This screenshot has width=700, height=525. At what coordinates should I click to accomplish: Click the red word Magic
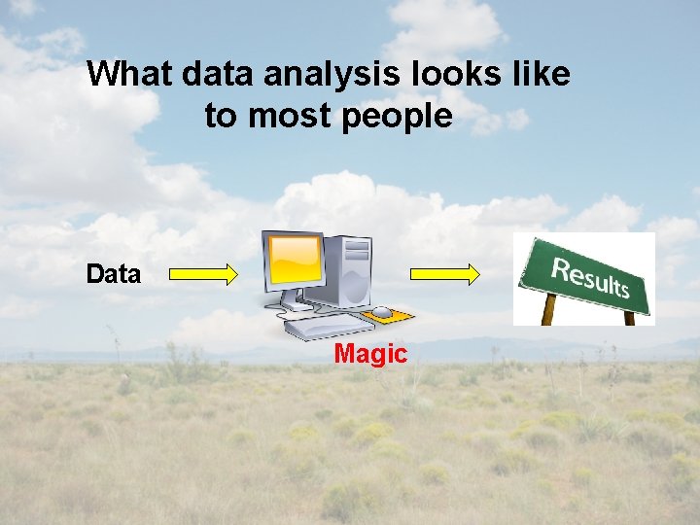click(369, 355)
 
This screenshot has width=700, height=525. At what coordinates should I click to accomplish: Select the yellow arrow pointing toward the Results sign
click(445, 275)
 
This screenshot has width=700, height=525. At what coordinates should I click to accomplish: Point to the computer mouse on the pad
click(382, 312)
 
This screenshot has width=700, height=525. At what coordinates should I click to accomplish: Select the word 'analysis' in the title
click(330, 75)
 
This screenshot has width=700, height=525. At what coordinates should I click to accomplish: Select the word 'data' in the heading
click(215, 75)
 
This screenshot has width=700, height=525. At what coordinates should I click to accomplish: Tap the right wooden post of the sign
click(629, 317)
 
